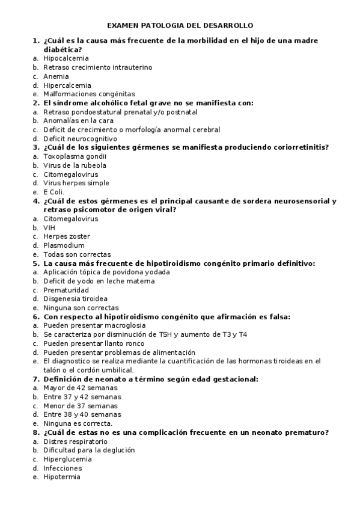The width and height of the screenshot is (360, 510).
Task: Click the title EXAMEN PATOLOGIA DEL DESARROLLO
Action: coord(180,26)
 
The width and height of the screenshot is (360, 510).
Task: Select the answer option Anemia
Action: coord(56,76)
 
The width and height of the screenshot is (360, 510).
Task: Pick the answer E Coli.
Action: coord(53,192)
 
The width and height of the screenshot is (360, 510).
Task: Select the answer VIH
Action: coord(49,228)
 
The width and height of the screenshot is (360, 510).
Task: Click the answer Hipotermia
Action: coord(62,477)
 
